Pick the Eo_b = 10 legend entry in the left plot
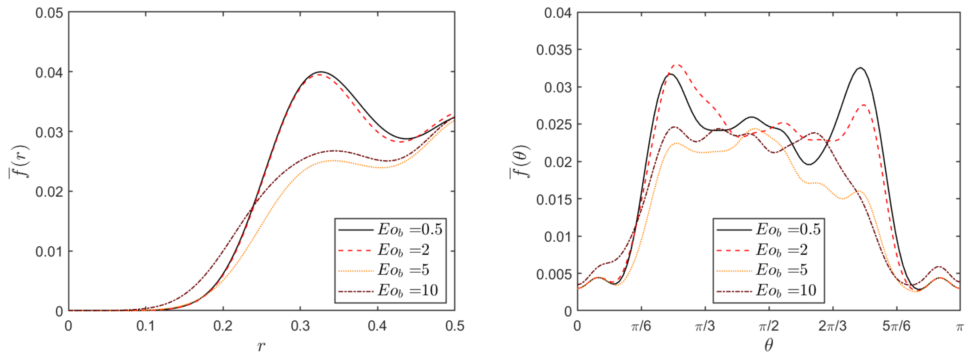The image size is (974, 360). [390, 290]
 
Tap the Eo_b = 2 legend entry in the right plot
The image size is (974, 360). [767, 250]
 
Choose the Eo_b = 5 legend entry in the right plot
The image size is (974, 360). [767, 270]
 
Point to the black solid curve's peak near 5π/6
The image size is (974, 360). [861, 68]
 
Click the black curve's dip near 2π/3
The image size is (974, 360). [809, 164]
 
